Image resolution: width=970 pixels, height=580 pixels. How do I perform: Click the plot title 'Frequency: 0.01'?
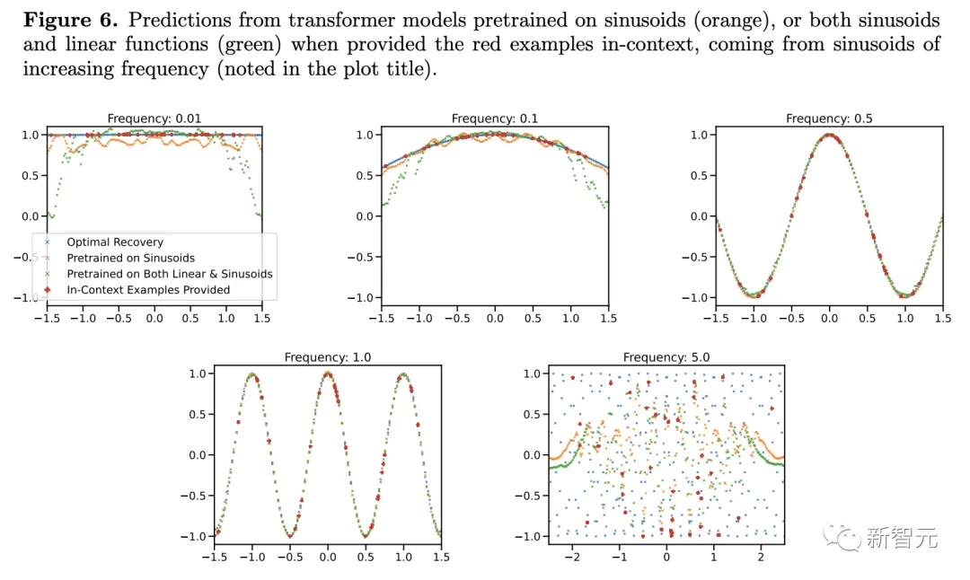coord(154,119)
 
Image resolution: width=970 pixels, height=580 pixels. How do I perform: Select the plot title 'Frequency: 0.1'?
coord(495,119)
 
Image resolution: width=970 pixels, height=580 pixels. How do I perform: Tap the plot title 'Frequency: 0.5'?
coord(829,119)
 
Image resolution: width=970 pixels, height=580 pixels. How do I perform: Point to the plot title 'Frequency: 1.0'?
coord(327,357)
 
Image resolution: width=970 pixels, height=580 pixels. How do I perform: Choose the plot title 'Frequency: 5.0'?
coord(666,357)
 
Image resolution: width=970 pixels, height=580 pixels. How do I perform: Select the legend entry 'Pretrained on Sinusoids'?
coord(130,259)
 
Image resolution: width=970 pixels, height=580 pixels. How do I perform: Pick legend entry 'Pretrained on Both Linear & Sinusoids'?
coord(169,274)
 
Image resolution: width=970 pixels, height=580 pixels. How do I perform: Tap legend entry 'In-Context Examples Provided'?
coord(148,290)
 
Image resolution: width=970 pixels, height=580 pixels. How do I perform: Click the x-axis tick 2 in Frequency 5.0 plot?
coord(762,558)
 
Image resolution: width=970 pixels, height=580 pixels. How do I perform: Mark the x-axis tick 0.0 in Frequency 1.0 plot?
coord(327,558)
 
